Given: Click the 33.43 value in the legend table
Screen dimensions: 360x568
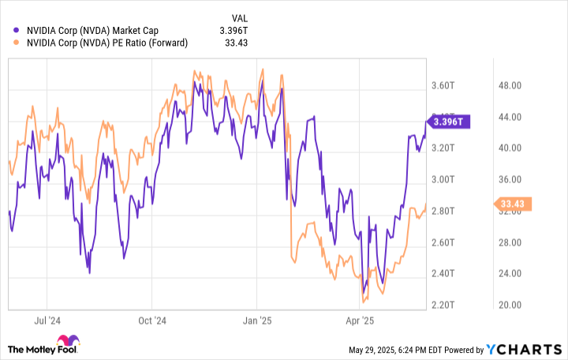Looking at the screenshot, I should pyautogui.click(x=236, y=43).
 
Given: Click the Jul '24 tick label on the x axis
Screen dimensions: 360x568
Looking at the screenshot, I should pyautogui.click(x=48, y=321).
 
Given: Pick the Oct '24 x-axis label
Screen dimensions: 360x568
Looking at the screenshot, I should pyautogui.click(x=152, y=321).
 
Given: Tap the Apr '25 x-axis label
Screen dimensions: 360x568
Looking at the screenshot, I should pyautogui.click(x=359, y=321).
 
